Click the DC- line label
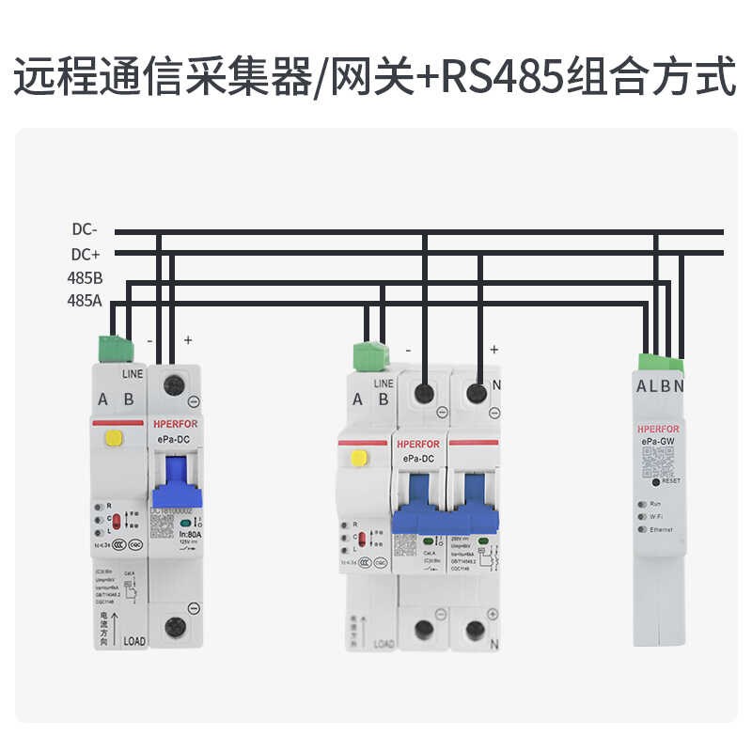pos(85,229)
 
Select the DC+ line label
pos(85,254)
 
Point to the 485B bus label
pos(85,278)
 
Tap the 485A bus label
pos(85,302)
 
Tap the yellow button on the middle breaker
pos(358,458)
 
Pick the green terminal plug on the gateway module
pos(661,363)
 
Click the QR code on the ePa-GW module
pos(660,461)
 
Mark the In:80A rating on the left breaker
pos(192,533)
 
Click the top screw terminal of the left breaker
pos(173,384)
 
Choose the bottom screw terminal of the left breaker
pos(173,627)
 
